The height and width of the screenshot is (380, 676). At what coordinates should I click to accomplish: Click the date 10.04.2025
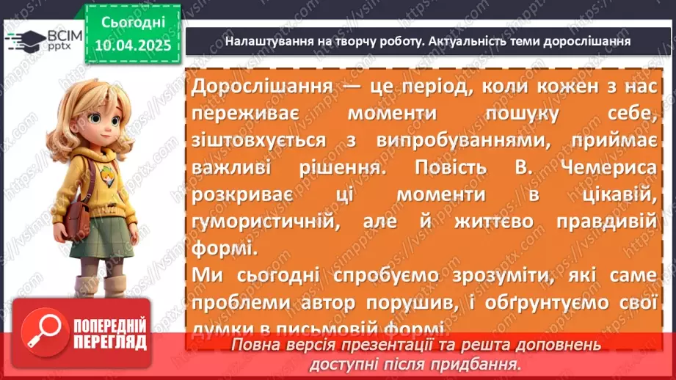(x=131, y=44)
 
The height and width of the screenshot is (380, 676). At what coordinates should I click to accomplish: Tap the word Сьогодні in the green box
(x=131, y=23)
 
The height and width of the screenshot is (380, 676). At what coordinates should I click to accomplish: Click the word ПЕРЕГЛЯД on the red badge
(x=111, y=342)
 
